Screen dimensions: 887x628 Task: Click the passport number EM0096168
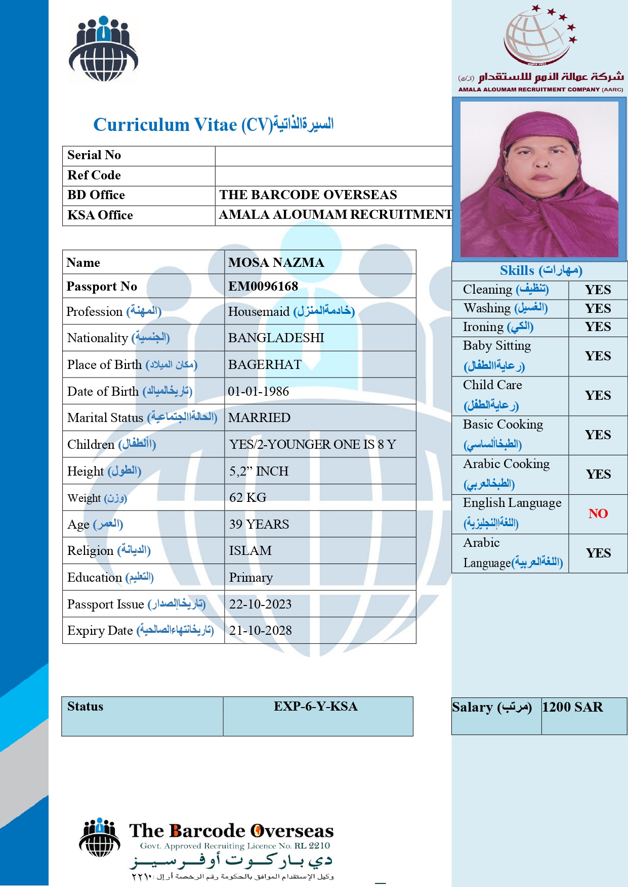pyautogui.click(x=263, y=287)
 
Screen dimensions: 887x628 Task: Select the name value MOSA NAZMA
pyautogui.click(x=276, y=262)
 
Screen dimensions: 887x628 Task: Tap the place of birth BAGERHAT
pyautogui.click(x=265, y=364)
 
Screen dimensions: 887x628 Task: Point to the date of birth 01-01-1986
pyautogui.click(x=258, y=391)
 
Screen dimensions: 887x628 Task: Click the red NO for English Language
pyautogui.click(x=598, y=513)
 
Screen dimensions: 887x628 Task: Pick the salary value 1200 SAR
pyautogui.click(x=572, y=707)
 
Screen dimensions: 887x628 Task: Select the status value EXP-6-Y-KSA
pyautogui.click(x=315, y=707)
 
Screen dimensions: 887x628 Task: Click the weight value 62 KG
pyautogui.click(x=247, y=497)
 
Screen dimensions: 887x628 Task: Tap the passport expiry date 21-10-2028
pyautogui.click(x=260, y=630)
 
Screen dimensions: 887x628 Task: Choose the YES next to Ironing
pyautogui.click(x=598, y=327)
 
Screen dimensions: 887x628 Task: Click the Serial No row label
pyautogui.click(x=94, y=155)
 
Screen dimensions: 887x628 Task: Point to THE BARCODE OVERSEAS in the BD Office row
pyautogui.click(x=308, y=195)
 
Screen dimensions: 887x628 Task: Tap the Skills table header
pyautogui.click(x=540, y=270)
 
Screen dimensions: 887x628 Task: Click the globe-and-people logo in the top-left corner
pyautogui.click(x=104, y=49)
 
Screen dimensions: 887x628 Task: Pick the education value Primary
pyautogui.click(x=250, y=577)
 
